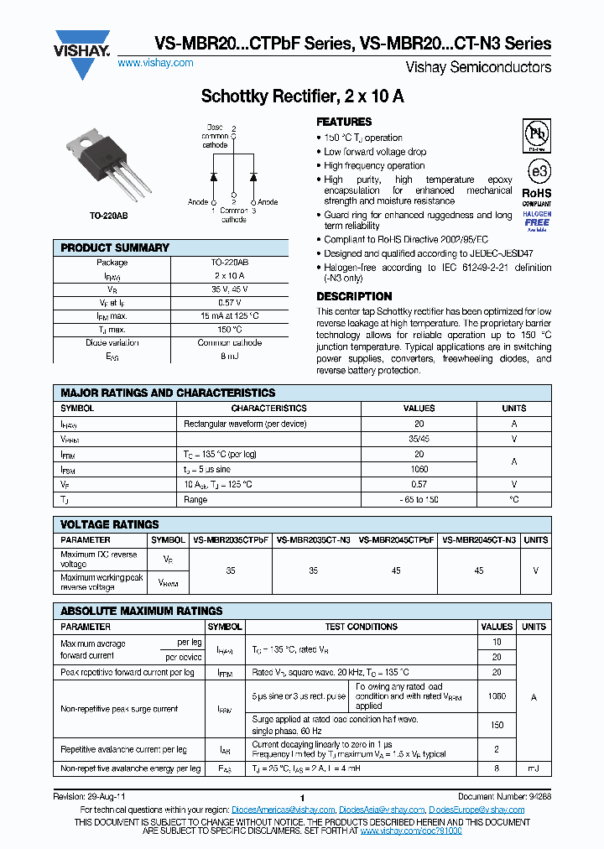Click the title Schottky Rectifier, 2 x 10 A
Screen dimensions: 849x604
pos(302,96)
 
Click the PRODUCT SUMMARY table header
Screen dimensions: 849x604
pos(115,247)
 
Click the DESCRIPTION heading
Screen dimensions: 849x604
pos(353,296)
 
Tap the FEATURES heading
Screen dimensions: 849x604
pos(344,122)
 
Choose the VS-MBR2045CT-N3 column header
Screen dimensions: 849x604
pos(479,540)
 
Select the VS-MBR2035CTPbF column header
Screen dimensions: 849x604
pos(231,540)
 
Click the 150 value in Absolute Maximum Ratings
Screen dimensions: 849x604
pos(497,725)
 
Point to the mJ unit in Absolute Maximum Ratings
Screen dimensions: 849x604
pos(534,768)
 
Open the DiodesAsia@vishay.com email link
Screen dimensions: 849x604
pos(381,810)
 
